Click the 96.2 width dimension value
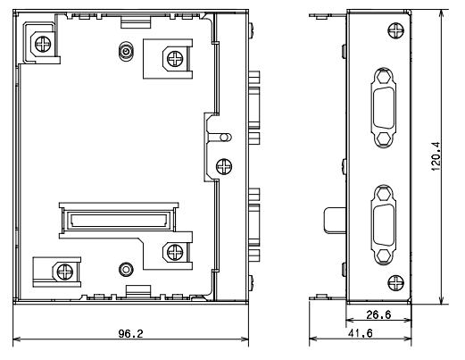pyautogui.click(x=130, y=333)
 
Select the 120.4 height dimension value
pyautogui.click(x=436, y=156)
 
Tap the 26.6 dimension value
pyautogui.click(x=378, y=314)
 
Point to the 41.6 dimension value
pyautogui.click(x=360, y=333)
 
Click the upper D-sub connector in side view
pyautogui.click(x=384, y=108)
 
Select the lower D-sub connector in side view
pyautogui.click(x=384, y=225)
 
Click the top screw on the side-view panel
pyautogui.click(x=396, y=30)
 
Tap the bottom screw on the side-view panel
pyautogui.click(x=396, y=283)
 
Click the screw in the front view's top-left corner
pyautogui.click(x=43, y=44)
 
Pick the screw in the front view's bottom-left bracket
pyautogui.click(x=64, y=272)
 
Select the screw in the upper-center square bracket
pyautogui.click(x=175, y=59)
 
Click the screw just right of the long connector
pyautogui.click(x=175, y=252)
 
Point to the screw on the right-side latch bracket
pyautogui.click(x=224, y=166)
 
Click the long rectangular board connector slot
pyautogui.click(x=119, y=221)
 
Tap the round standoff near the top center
pyautogui.click(x=126, y=52)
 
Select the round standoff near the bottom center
pyautogui.click(x=126, y=270)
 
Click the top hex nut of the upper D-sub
pyautogui.click(x=384, y=78)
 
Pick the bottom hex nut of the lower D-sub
pyautogui.click(x=384, y=255)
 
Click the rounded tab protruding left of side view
pyautogui.click(x=335, y=221)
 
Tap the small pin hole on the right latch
pyautogui.click(x=225, y=138)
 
